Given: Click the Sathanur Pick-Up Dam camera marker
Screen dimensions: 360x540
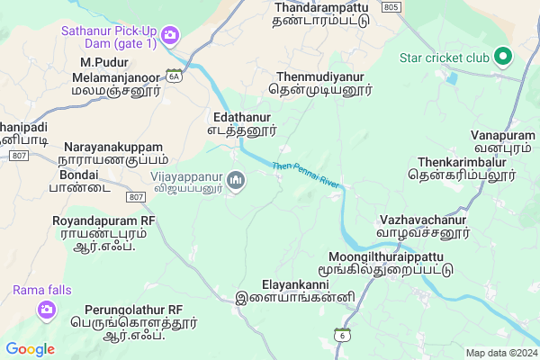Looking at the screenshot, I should [171, 35].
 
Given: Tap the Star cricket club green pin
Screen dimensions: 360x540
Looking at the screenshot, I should [503, 58].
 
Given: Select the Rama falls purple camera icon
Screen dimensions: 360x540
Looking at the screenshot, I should [45, 310].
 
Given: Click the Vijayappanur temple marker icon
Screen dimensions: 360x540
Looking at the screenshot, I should [237, 182].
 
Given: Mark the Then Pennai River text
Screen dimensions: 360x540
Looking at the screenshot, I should [308, 175].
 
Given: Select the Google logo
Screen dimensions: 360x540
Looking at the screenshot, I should [30, 349].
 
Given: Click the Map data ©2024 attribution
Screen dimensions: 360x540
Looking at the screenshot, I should [499, 352].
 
